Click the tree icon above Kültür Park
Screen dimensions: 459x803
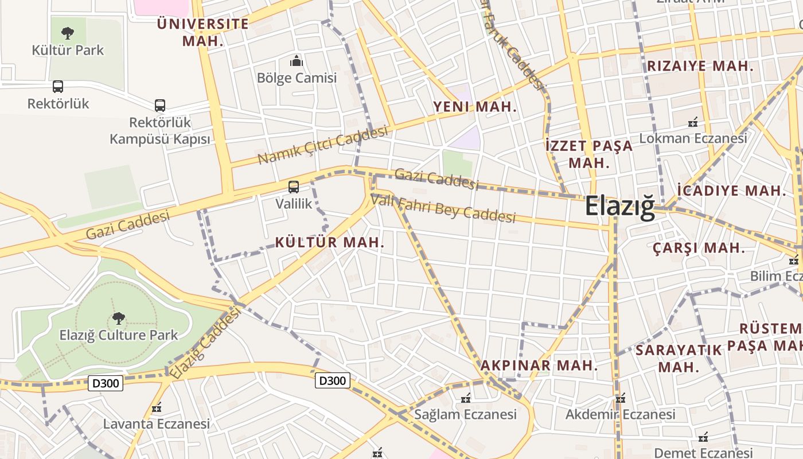tap(68, 33)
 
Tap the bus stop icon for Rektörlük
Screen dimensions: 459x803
tap(58, 87)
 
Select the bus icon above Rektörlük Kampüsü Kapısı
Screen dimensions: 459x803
tap(160, 106)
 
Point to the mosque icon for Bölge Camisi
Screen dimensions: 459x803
tap(297, 60)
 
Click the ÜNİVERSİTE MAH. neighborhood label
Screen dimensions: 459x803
tap(203, 32)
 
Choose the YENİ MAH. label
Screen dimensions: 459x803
tap(475, 107)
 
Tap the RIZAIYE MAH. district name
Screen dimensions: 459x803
tap(700, 66)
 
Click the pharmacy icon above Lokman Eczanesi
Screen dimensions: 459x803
tap(693, 122)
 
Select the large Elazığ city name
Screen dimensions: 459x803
tap(619, 207)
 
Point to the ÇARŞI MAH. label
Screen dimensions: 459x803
tap(699, 248)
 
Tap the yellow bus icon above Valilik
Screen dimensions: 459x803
tap(294, 186)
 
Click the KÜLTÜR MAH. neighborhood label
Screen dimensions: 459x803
tap(330, 242)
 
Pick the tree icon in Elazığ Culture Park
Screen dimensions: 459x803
tap(119, 317)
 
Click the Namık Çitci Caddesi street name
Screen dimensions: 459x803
tap(322, 145)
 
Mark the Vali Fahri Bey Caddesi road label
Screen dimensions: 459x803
tap(443, 209)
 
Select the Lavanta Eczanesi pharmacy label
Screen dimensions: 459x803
tap(157, 424)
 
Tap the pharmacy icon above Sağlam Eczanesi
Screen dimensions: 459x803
tap(466, 398)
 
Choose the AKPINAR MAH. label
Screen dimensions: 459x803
tap(539, 365)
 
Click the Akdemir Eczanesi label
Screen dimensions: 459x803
tap(620, 414)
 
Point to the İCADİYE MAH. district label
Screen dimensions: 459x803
tap(731, 190)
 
